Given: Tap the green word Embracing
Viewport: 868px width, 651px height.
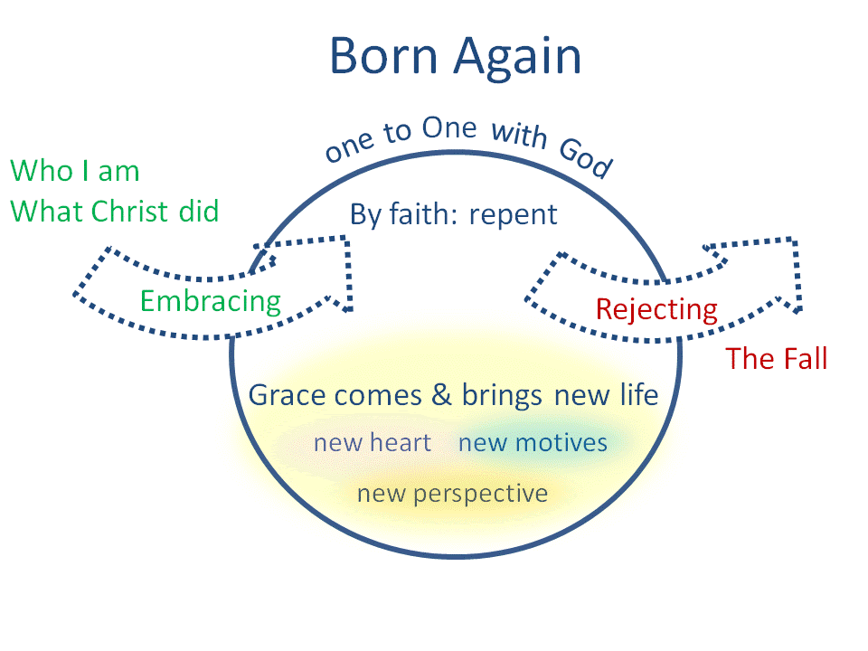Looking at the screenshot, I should coord(211,300).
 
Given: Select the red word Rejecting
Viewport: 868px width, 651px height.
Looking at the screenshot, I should coord(656,310).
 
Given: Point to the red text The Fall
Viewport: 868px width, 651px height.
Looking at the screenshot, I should coord(776,359).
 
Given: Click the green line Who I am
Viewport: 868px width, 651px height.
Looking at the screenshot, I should coord(74,170).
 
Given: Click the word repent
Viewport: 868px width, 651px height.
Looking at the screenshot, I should coord(513,215).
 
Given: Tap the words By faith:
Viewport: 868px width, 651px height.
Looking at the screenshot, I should coord(405,215).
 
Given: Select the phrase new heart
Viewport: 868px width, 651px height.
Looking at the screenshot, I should coord(372,443).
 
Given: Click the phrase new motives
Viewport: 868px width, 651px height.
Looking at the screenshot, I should coord(533,443).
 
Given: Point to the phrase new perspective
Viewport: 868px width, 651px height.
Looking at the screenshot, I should coord(452,494).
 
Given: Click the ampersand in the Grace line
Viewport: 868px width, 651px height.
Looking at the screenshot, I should coord(441,395).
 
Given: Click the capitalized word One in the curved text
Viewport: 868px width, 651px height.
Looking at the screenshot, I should coord(448,129).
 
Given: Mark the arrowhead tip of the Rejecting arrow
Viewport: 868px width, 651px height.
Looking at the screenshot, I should coord(800,311).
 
